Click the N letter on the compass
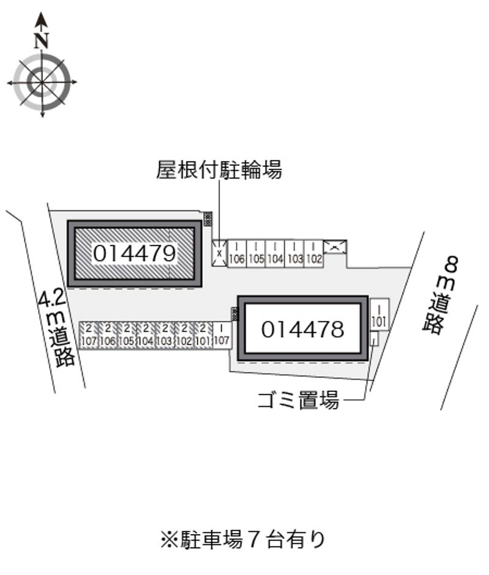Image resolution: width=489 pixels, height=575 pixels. click(42, 41)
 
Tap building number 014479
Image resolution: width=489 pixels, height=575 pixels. click(134, 253)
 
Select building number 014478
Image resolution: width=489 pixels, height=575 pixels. click(303, 330)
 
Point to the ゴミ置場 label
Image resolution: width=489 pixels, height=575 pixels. click(298, 401)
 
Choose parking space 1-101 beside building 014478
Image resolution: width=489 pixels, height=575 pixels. click(378, 314)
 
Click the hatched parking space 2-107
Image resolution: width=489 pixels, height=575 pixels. click(89, 335)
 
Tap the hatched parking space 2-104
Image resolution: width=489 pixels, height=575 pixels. click(145, 335)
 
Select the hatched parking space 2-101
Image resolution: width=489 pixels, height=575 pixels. click(202, 335)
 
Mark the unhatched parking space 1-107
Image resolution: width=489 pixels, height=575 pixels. click(221, 335)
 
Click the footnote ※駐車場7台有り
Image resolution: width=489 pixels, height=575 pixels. click(242, 540)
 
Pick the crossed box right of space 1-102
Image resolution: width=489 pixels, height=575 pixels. click(335, 247)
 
